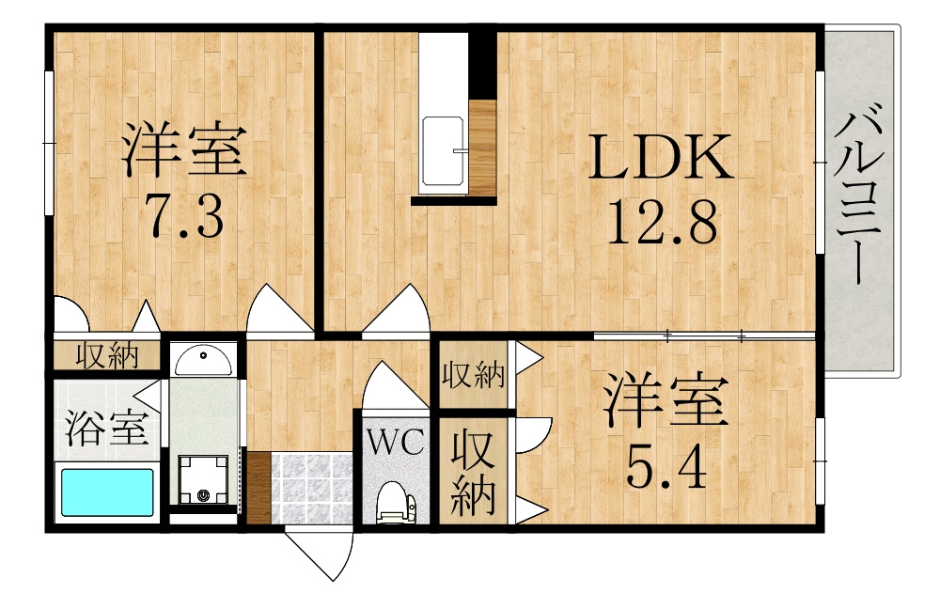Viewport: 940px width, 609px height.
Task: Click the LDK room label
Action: (x=660, y=157)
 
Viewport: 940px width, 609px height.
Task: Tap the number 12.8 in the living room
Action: (x=663, y=222)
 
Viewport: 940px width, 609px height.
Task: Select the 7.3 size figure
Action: (x=186, y=215)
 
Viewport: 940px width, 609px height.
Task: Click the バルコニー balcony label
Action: (x=859, y=193)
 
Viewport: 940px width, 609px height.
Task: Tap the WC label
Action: (x=396, y=444)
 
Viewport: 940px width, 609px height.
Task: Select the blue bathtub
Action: (x=107, y=492)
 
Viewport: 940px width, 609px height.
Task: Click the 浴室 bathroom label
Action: (x=106, y=427)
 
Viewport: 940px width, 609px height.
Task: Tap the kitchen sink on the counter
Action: (x=444, y=151)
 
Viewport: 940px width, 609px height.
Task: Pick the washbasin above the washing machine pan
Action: (x=203, y=359)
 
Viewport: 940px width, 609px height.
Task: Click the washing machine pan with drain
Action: (x=203, y=479)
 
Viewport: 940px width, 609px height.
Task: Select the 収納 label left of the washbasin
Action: (x=107, y=356)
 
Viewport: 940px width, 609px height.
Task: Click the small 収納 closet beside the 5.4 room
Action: (x=474, y=375)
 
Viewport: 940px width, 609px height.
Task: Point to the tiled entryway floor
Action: (x=312, y=488)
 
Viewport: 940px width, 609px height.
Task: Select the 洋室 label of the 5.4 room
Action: (x=666, y=399)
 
